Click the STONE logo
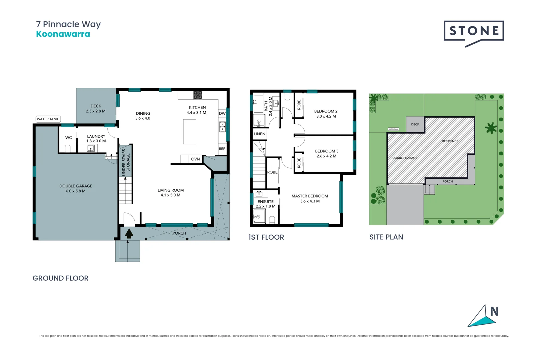point(474,31)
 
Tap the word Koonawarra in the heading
point(63,34)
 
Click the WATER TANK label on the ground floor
point(48,119)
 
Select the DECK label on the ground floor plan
point(96,106)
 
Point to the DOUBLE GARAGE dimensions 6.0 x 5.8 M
point(76,191)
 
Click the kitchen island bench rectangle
point(190,132)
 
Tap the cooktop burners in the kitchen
point(198,95)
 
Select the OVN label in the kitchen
point(195,159)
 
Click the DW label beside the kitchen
point(222,114)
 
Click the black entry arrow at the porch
point(129,233)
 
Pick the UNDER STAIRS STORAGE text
point(126,162)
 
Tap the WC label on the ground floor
point(68,138)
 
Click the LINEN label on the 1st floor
point(260,134)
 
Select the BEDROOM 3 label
point(327,151)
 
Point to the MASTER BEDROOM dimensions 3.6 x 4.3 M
point(310,201)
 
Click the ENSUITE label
point(265,202)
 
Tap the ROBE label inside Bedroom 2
point(299,105)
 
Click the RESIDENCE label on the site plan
point(450,141)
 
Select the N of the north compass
point(494,312)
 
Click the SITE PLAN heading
point(386,237)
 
